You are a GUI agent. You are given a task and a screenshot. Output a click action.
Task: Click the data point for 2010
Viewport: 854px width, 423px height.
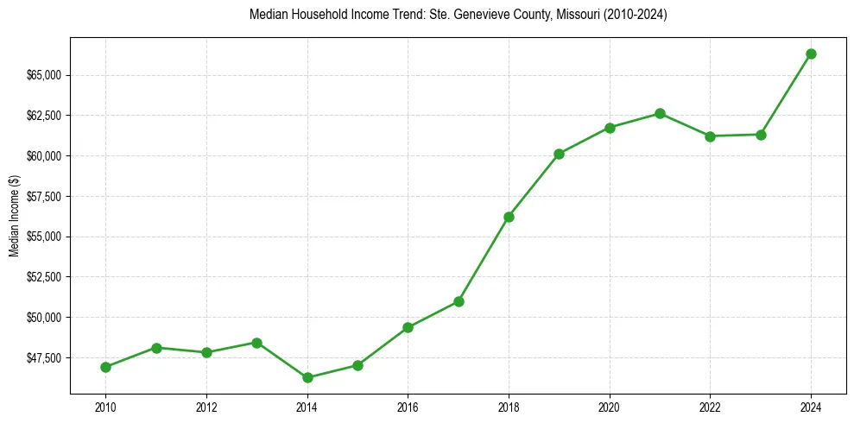[x=105, y=367]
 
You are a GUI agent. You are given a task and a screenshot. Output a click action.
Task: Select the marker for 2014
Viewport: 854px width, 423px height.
[x=307, y=377]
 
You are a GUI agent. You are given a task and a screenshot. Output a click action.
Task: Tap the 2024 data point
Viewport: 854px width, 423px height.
[x=811, y=54]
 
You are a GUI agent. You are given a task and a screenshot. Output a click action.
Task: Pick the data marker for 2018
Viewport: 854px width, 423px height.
[x=509, y=217]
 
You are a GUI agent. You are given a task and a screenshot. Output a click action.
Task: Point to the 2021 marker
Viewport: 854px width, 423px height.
[x=660, y=113]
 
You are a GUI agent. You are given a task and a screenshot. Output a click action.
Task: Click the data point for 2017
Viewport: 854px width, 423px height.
[x=459, y=301]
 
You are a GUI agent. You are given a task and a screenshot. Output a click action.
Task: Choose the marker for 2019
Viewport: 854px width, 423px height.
[x=559, y=154]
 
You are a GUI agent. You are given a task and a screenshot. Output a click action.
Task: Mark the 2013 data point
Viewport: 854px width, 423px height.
[x=256, y=343]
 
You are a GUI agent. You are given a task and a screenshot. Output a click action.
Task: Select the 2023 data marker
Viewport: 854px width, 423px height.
[x=761, y=135]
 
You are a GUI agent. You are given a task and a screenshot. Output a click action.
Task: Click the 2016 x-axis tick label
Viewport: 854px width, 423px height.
[x=408, y=407]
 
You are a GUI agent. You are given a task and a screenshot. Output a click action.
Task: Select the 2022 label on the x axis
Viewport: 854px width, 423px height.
[x=710, y=407]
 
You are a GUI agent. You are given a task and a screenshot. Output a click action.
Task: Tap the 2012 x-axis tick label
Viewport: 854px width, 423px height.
[x=206, y=407]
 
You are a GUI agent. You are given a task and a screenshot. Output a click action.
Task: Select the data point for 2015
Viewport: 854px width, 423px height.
[x=357, y=365]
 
